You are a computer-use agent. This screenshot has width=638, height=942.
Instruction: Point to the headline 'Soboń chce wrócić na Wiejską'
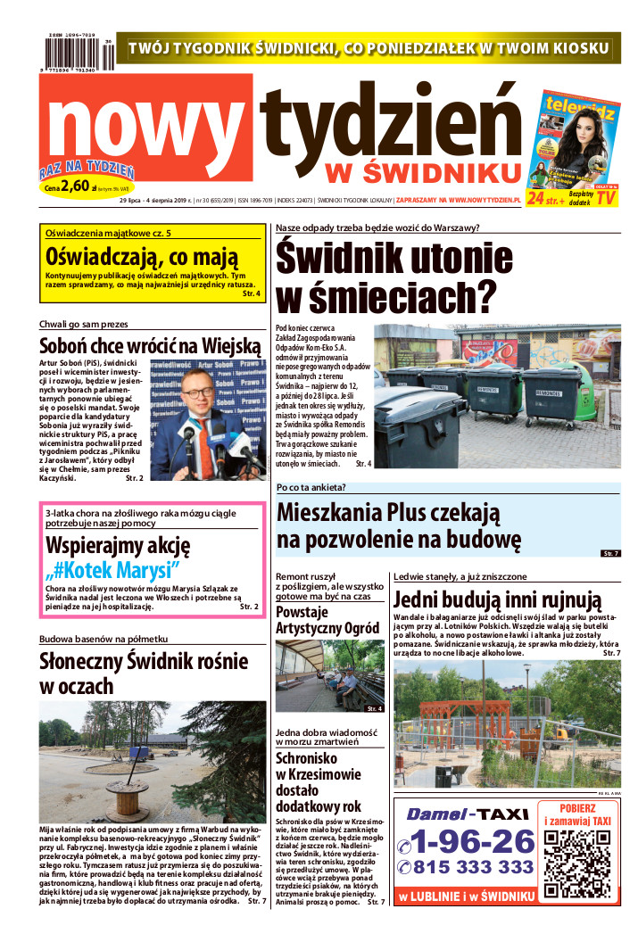click(149, 346)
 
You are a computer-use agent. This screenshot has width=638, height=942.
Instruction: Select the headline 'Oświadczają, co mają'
click(143, 258)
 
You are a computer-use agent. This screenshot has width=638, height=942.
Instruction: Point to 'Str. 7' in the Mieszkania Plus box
click(610, 555)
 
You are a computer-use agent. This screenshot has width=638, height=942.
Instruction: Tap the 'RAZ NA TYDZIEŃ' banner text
click(87, 170)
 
